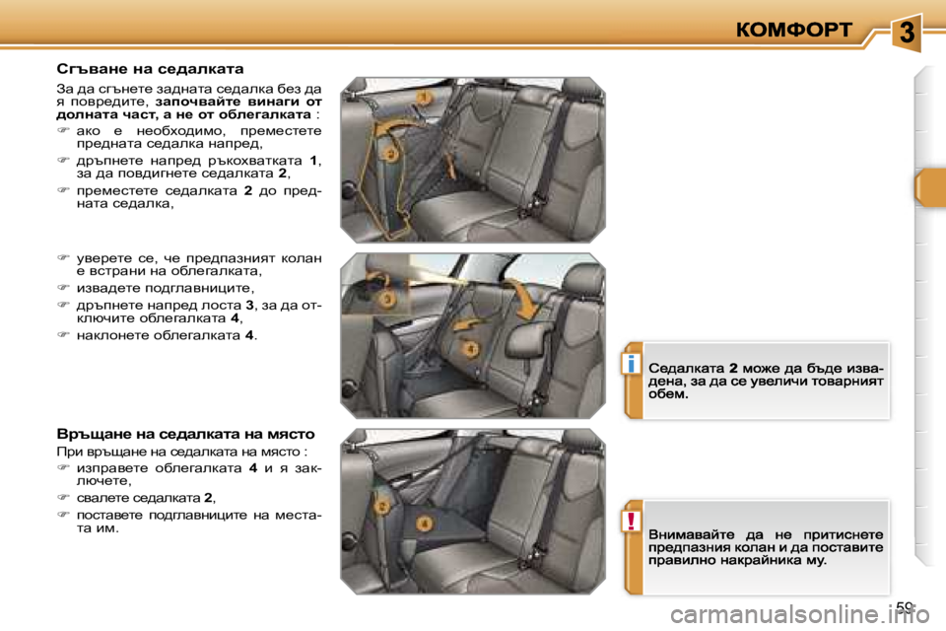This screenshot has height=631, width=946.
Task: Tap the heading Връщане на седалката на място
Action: pos(185,433)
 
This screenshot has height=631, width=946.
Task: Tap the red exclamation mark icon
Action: pos(627,521)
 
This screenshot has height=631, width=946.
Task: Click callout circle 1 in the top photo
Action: pos(423,99)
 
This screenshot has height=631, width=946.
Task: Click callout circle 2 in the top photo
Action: pos(391,155)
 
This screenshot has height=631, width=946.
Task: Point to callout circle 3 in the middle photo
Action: pos(388,298)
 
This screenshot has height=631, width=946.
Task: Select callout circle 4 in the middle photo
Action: pos(471,348)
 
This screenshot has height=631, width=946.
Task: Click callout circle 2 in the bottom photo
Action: pos(380,506)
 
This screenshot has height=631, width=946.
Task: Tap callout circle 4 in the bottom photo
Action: pos(423,524)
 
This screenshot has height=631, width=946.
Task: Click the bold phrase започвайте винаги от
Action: pos(238,101)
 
